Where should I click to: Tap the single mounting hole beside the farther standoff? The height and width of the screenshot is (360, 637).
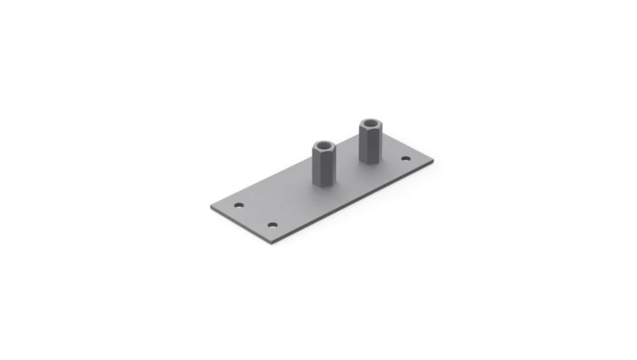click(405, 159)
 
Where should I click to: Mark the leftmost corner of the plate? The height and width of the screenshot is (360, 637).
click(210, 206)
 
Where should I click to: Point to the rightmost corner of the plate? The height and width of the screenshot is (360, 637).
click(433, 162)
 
